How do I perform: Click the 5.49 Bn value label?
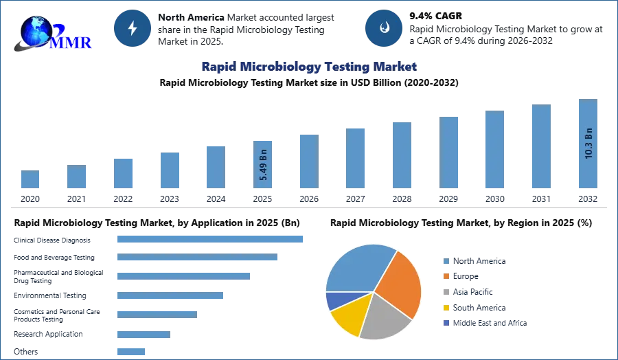pyautogui.click(x=264, y=165)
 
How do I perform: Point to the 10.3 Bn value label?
pyautogui.click(x=588, y=143)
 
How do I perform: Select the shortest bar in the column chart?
pyautogui.click(x=30, y=180)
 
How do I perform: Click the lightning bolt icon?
pyautogui.click(x=133, y=28)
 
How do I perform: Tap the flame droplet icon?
pyautogui.click(x=384, y=28)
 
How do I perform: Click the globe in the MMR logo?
pyautogui.click(x=36, y=31)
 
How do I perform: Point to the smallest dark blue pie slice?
pyautogui.click(x=333, y=300)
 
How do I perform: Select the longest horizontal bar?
pyautogui.click(x=211, y=239)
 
